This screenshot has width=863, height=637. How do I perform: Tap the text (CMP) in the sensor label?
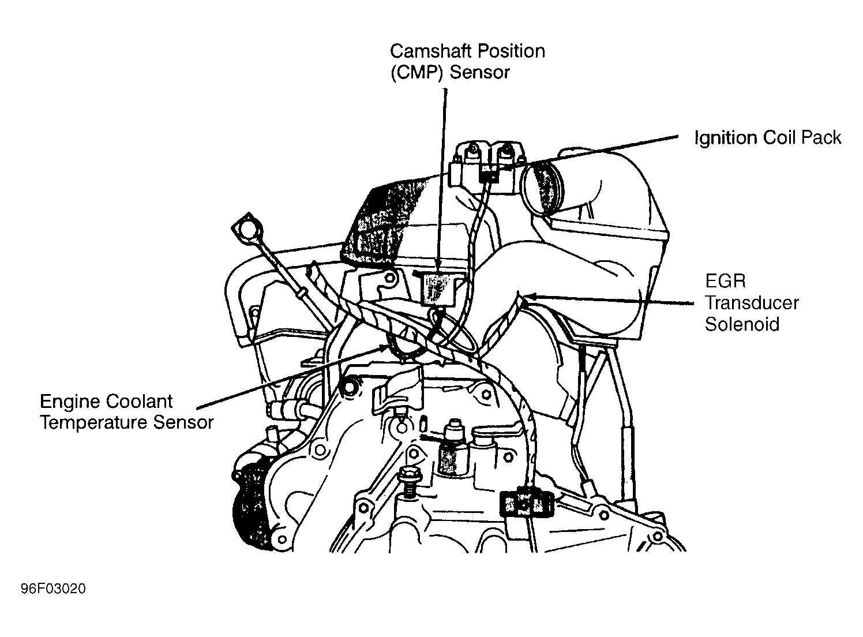pos(417,73)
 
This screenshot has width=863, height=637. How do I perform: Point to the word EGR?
pos(725,281)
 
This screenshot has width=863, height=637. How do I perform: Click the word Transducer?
pos(752,303)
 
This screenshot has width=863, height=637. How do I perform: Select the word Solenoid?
pos(742,324)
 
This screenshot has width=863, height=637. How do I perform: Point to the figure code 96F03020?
pos(53,589)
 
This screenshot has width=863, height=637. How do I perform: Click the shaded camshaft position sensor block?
pos(438,288)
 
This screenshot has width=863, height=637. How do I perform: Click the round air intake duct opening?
pos(543,190)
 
